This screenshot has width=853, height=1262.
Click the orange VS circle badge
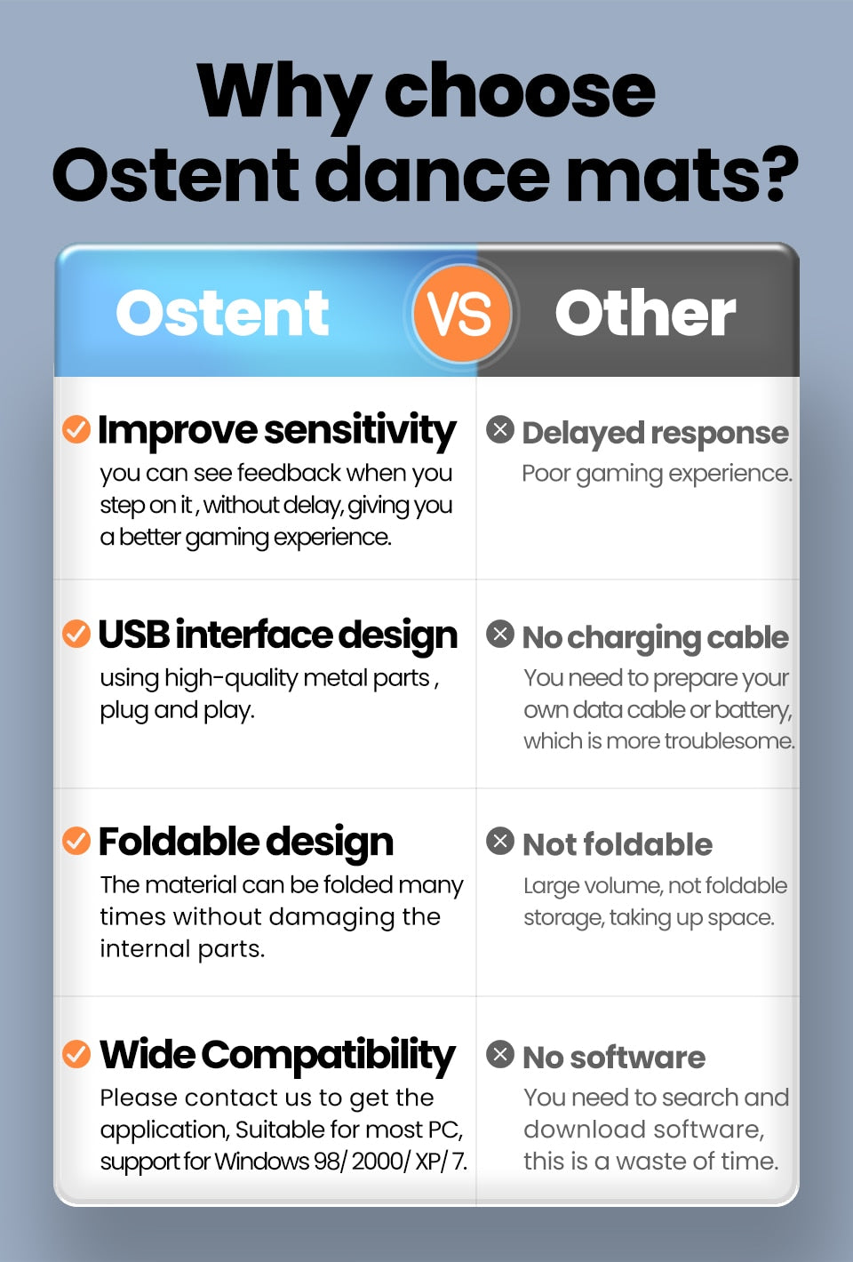coord(461,313)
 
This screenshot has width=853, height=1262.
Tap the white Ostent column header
coord(222,313)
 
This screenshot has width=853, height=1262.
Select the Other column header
coord(646,312)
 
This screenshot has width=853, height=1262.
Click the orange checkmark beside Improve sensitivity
coord(76,429)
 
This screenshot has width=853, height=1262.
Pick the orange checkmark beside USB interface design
coord(76,634)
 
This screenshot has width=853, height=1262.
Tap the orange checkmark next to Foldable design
coord(76,841)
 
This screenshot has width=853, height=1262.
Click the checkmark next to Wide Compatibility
coord(76,1053)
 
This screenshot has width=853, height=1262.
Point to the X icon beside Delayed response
coord(500,429)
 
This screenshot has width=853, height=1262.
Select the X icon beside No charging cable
coord(500,634)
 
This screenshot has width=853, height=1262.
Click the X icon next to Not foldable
coord(500,841)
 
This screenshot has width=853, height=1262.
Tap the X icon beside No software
coord(500,1053)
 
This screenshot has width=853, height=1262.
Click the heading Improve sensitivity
coord(276,432)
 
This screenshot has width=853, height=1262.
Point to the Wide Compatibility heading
coord(277,1056)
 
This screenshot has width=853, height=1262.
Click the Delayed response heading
coord(655,434)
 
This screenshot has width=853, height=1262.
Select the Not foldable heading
coord(618,844)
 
